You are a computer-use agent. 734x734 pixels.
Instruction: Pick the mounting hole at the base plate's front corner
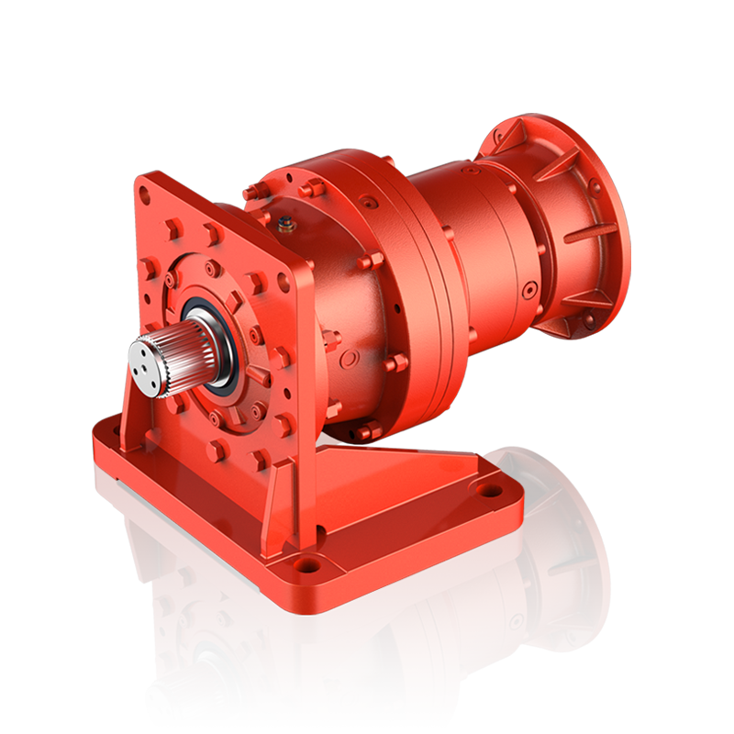pos(307,563)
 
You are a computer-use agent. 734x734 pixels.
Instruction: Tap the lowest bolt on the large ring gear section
pos(371,429)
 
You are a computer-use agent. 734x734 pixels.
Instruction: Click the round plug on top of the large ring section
pos(369,200)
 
